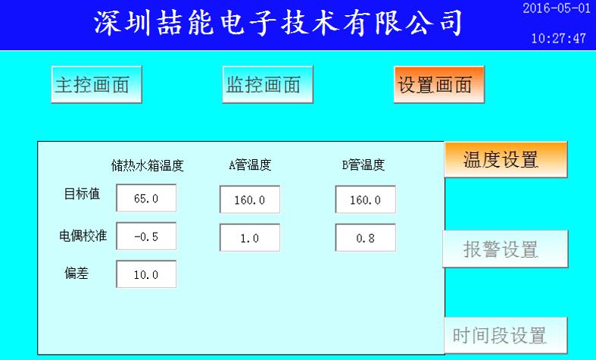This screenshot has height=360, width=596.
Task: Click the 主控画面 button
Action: click(96, 84)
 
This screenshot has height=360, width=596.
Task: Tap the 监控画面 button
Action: click(267, 84)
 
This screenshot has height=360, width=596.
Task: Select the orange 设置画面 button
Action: click(439, 84)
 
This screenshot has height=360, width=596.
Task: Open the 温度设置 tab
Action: click(506, 159)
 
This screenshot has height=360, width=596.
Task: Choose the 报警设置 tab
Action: click(506, 249)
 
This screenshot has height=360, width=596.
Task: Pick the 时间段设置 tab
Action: click(506, 336)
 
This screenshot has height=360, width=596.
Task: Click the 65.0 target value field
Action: click(146, 198)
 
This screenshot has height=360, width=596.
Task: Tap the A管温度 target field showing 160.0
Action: click(250, 199)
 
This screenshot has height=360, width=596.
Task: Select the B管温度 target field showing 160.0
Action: click(365, 199)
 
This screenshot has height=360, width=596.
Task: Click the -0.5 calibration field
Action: click(146, 236)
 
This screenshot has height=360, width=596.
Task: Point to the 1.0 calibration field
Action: click(250, 238)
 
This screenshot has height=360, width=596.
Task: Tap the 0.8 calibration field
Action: click(365, 238)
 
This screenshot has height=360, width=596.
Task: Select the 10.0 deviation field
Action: click(146, 274)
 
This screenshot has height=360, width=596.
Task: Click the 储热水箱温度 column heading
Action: click(148, 165)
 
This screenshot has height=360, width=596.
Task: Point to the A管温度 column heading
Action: click(250, 164)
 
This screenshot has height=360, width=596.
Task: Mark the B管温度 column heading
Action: click(363, 164)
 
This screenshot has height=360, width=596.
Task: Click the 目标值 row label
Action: click(82, 194)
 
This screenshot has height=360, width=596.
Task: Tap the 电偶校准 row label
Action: click(83, 236)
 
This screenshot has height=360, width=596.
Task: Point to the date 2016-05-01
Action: click(557, 8)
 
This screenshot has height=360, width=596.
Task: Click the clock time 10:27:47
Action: click(558, 39)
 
